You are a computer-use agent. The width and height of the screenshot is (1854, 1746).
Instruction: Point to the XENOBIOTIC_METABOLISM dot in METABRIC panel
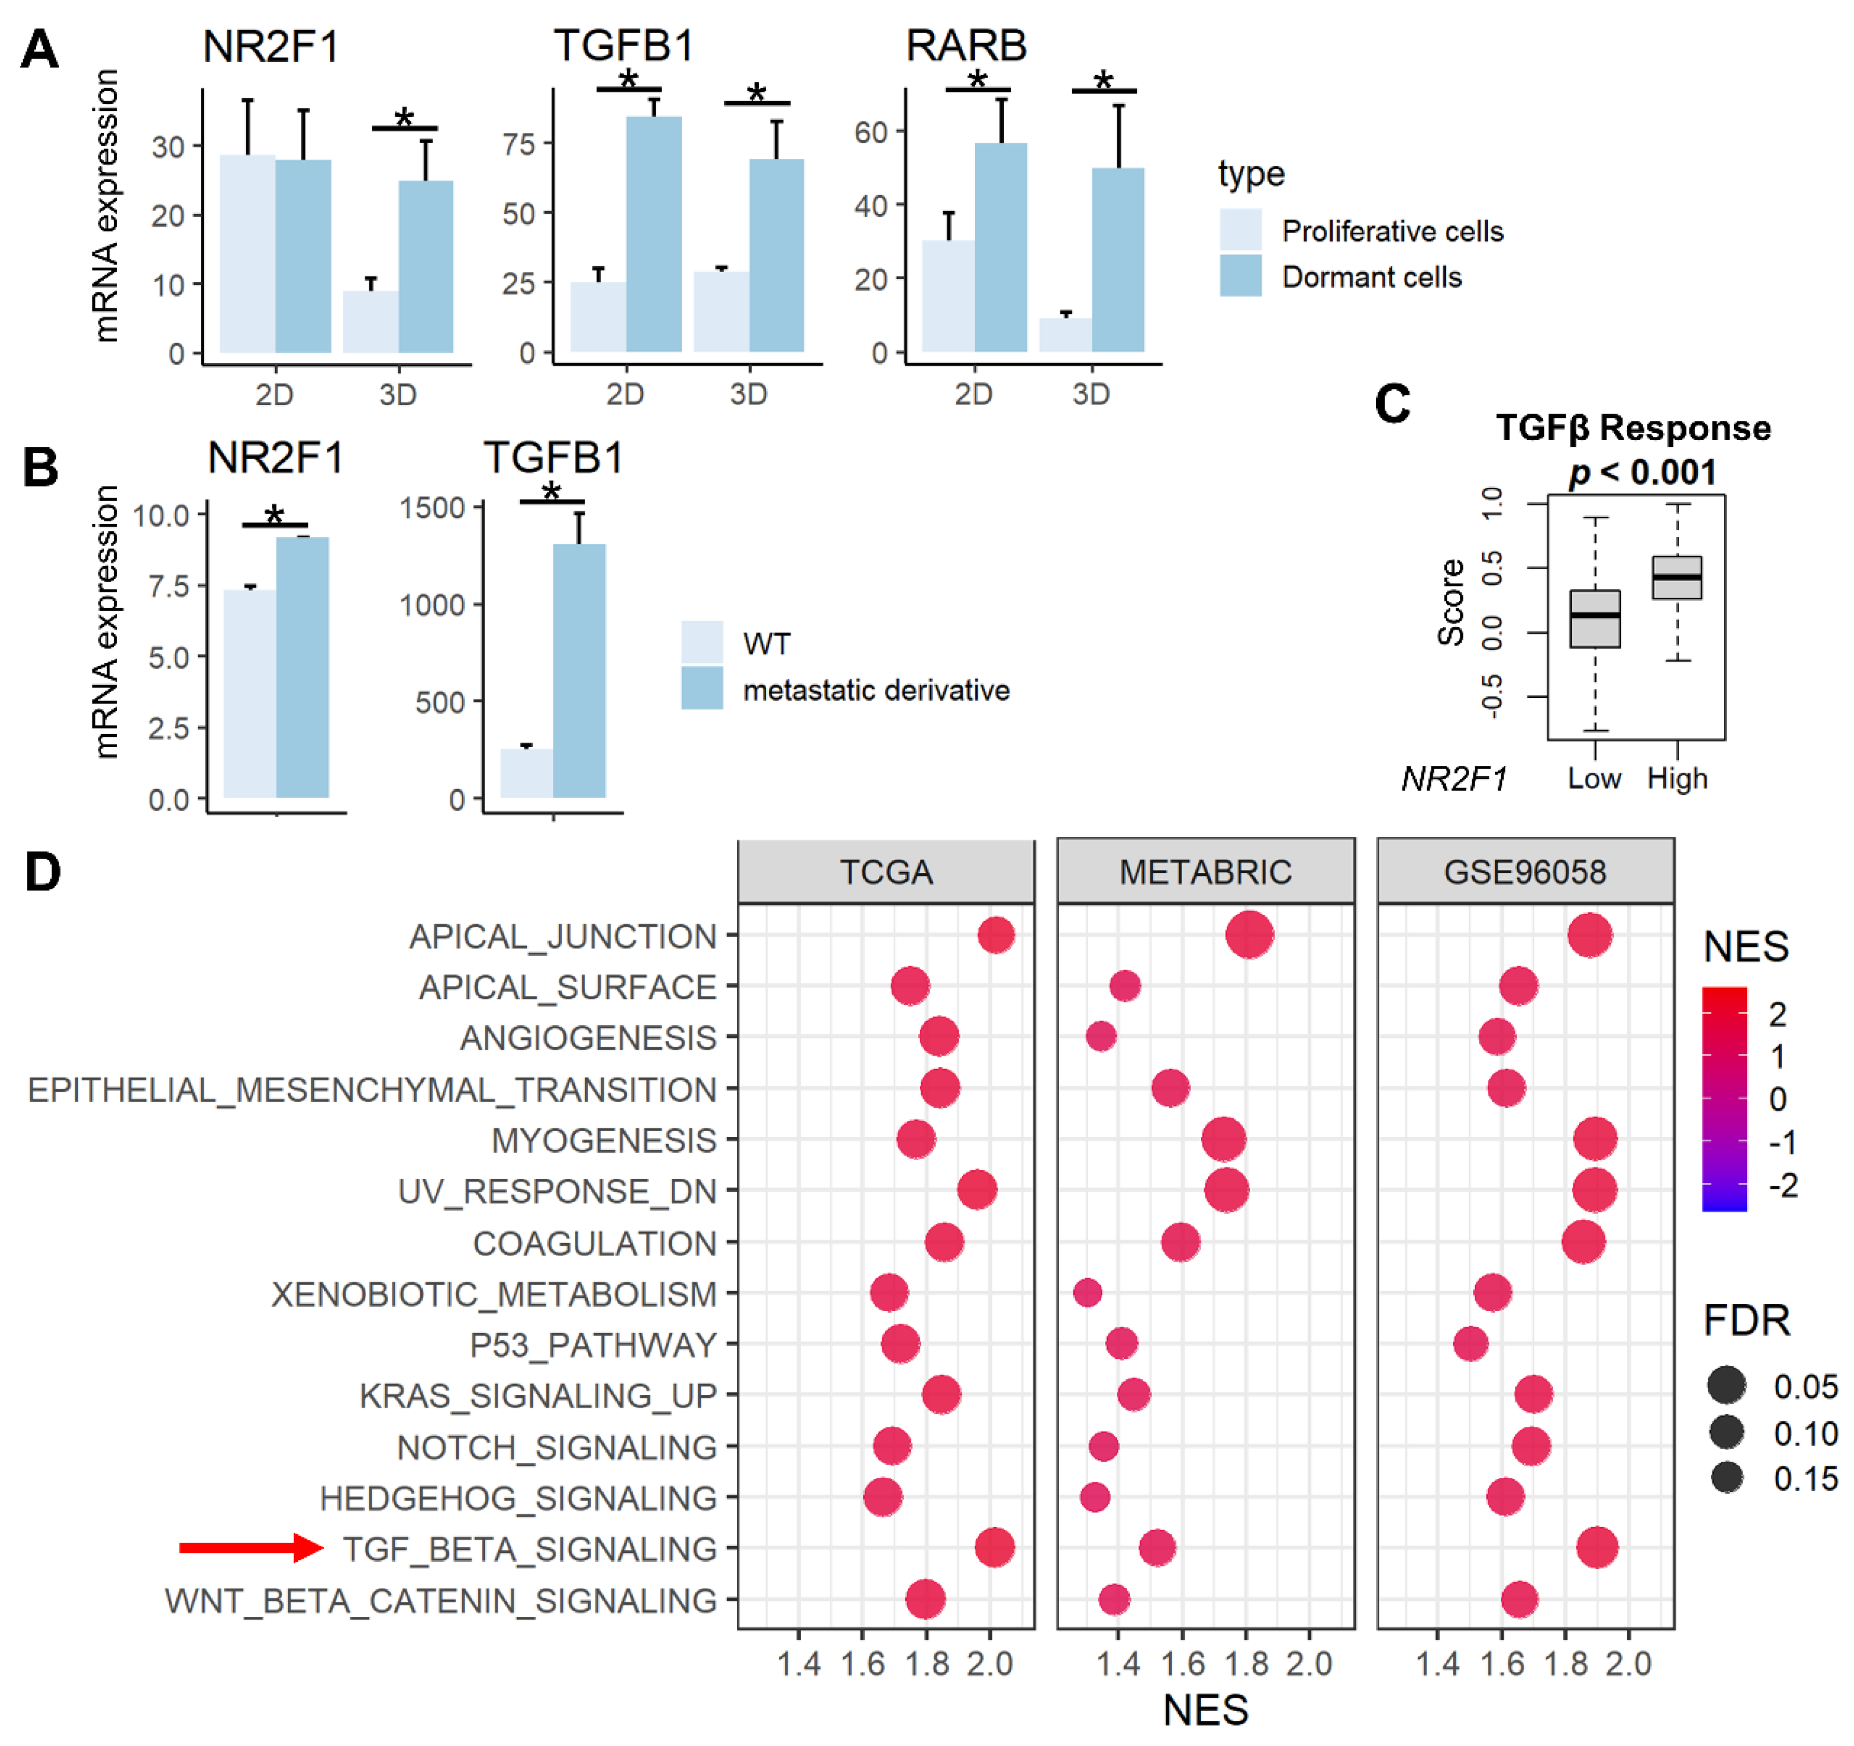[1087, 1293]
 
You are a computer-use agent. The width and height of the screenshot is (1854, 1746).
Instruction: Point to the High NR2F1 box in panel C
[1677, 578]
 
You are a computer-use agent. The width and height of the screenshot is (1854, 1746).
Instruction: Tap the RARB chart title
[966, 45]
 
